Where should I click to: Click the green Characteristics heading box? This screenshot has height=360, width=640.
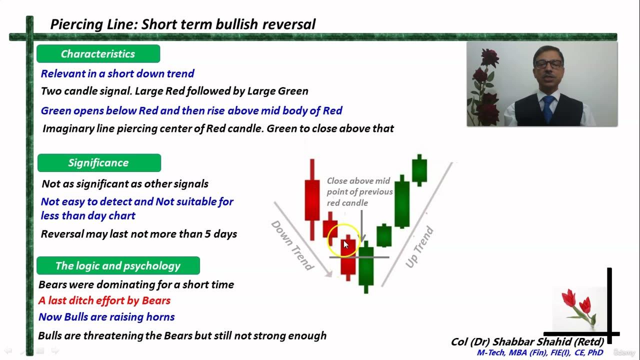point(98,54)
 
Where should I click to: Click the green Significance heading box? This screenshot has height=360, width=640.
point(98,163)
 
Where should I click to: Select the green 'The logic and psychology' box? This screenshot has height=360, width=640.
point(118,266)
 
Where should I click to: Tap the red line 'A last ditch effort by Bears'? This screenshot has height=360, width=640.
point(104,300)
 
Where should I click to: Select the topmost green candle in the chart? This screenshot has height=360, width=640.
point(419,170)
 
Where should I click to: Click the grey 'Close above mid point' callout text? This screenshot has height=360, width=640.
point(359,191)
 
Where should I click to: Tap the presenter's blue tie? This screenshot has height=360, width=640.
point(548,107)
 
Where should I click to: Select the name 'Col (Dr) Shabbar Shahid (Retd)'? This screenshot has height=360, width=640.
point(527,342)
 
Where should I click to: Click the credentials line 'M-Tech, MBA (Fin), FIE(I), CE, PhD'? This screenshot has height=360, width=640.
point(539,352)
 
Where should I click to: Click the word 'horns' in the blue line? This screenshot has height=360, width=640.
point(160,317)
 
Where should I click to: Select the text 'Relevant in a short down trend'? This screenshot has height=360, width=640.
point(117,73)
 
